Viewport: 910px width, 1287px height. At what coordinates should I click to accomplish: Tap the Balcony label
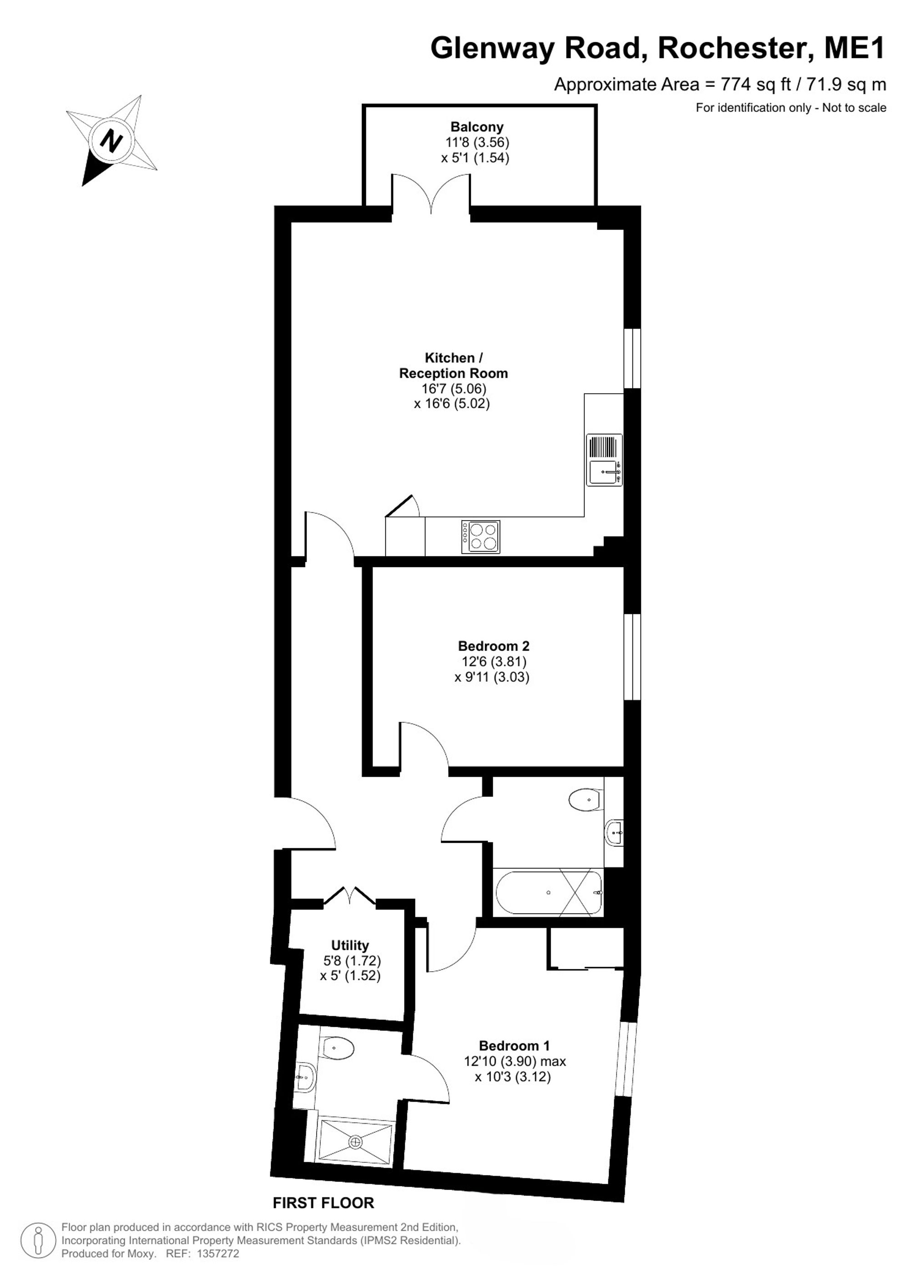[x=477, y=127]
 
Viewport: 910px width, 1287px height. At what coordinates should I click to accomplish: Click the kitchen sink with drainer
[x=605, y=460]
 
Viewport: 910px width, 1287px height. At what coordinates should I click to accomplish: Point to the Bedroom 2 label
[x=494, y=646]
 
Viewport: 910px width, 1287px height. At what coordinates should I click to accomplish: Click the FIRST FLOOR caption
[x=324, y=1202]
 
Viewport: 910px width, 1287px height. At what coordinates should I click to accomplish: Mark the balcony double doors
[x=431, y=193]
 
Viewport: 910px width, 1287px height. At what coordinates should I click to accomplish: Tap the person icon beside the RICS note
[x=38, y=1241]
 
